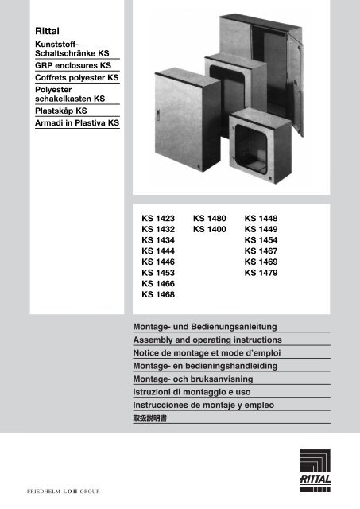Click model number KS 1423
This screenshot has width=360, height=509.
pyautogui.click(x=157, y=217)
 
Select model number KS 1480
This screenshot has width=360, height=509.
pyautogui.click(x=210, y=217)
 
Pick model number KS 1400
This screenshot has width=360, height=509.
pyautogui.click(x=210, y=229)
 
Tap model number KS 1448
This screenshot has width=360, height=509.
pyautogui.click(x=261, y=217)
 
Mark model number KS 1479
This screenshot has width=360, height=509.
pyautogui.click(x=261, y=273)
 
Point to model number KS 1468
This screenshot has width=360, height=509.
pyautogui.click(x=157, y=295)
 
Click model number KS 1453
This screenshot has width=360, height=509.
pyautogui.click(x=157, y=273)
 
